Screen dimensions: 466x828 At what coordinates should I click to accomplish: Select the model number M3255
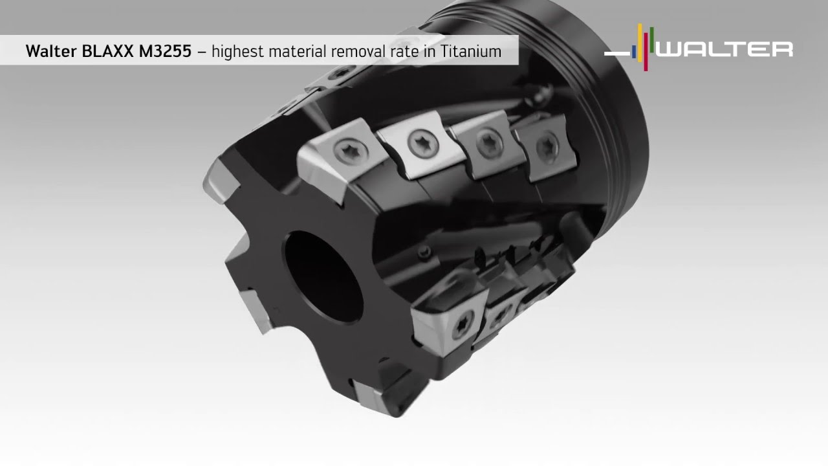coord(165,51)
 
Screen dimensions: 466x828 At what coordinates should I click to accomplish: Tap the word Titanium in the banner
coord(471,51)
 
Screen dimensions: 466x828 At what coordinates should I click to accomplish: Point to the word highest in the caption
coord(235,52)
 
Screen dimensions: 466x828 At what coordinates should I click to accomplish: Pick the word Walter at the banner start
coord(51,51)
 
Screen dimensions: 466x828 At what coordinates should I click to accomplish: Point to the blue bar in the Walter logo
coord(634,52)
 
